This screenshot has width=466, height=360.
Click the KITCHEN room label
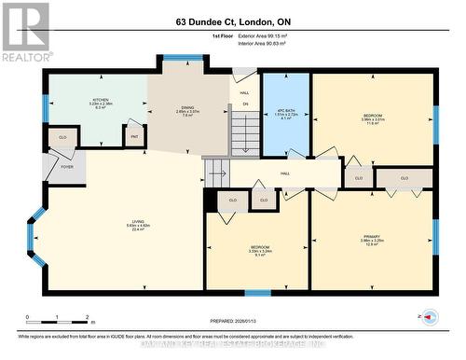(x=101, y=103)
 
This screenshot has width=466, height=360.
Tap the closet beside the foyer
(x=62, y=136)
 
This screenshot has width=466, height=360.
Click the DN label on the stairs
(x=246, y=104)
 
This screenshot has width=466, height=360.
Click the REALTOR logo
(x=25, y=32)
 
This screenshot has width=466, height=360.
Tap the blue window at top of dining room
(x=176, y=58)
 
